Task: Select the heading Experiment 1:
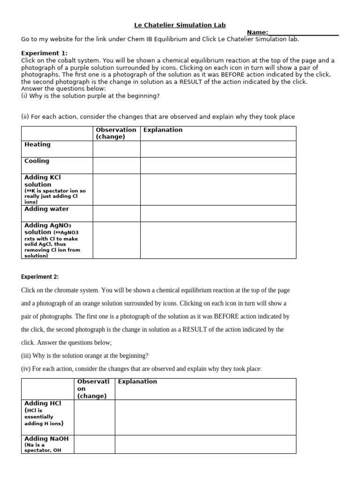pyautogui.click(x=45, y=53)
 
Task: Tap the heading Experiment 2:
pyautogui.click(x=40, y=277)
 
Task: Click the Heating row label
pyautogui.click(x=37, y=145)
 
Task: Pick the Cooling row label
pyautogui.click(x=37, y=161)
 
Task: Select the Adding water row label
pyautogui.click(x=46, y=209)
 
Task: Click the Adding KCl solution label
pyautogui.click(x=43, y=181)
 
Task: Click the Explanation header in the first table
pyautogui.click(x=163, y=130)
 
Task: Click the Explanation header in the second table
pyautogui.click(x=137, y=382)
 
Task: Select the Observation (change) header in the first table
pyautogui.click(x=116, y=133)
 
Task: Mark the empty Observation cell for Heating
pyautogui.click(x=116, y=149)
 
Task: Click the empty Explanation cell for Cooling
pyautogui.click(x=218, y=165)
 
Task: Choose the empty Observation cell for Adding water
pyautogui.click(x=116, y=213)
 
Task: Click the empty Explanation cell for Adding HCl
pyautogui.click(x=205, y=417)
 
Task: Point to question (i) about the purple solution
pyautogui.click(x=90, y=96)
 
